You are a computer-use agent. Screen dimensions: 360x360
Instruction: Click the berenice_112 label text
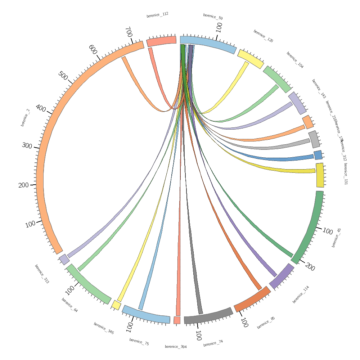coord(157,15)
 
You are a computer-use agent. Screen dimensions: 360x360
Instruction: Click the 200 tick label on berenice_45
coord(310,267)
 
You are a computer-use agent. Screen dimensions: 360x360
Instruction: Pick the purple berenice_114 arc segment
coord(282,276)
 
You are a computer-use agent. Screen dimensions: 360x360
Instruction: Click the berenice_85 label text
coord(266,323)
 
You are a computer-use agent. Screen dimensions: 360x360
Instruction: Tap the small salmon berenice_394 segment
coord(177,320)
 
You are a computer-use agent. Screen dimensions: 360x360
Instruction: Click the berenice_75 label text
coord(139,342)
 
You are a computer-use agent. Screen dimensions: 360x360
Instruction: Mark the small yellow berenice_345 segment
coord(116,305)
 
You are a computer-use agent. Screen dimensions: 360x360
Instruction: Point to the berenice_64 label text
coord(69,305)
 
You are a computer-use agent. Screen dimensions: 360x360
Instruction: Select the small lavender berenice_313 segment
coord(64,259)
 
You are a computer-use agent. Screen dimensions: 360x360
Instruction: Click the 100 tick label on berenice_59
coord(219,27)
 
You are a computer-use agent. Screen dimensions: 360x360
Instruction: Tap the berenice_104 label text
coord(295,60)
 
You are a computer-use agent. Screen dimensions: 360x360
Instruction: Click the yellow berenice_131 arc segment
coord(320,175)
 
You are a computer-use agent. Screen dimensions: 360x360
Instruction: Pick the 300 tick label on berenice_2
coord(27,146)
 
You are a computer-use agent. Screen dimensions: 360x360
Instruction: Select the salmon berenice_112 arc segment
coord(161,41)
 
